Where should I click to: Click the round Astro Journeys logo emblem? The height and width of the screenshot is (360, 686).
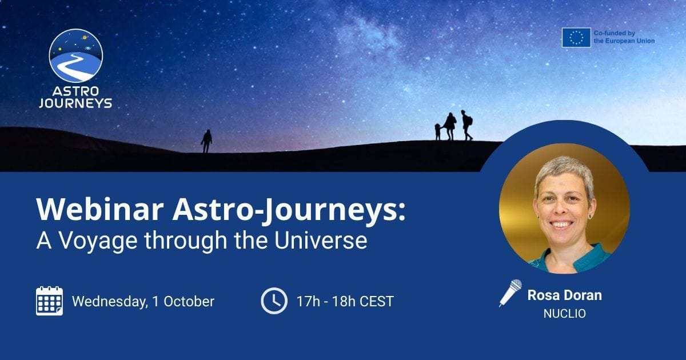(75, 56)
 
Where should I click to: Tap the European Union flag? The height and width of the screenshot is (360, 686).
(576, 38)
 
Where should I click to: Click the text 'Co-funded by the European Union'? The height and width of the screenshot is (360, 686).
(624, 37)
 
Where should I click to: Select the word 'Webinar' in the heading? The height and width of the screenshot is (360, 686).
(100, 209)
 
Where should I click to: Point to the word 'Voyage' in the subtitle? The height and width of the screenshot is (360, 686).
(98, 242)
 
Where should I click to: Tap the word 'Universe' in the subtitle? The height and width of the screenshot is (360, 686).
(321, 241)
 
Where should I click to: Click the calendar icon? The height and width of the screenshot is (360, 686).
(49, 301)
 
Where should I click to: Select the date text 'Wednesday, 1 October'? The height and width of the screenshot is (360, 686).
(143, 302)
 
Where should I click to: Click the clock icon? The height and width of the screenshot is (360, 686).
(274, 301)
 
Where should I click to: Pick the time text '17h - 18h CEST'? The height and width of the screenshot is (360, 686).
(345, 302)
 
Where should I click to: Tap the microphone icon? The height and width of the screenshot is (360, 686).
(510, 293)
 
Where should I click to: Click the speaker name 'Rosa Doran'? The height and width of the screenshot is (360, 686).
(564, 295)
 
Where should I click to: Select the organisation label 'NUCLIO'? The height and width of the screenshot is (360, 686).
(564, 314)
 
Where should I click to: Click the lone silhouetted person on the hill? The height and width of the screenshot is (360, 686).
(206, 141)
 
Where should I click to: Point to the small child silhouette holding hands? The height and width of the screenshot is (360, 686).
(438, 131)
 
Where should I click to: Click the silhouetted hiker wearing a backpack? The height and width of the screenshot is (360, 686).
(466, 125)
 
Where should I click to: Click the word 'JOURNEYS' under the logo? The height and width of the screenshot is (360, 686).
(75, 103)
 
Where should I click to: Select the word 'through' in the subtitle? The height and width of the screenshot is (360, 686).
(186, 242)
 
